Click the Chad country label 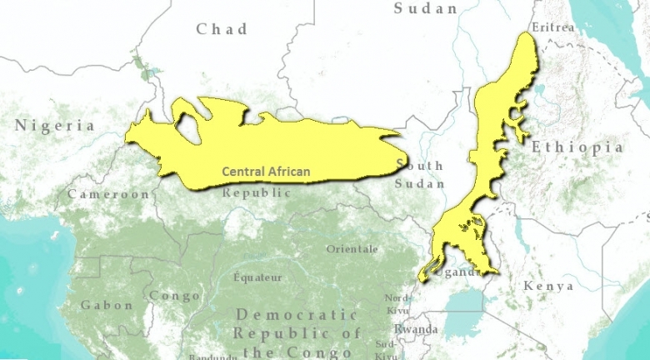(222, 29)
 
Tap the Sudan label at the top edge (426, 8)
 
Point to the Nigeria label (54, 126)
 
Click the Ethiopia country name (577, 147)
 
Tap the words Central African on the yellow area (266, 172)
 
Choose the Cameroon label (108, 194)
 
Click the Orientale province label (352, 249)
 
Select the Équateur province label (257, 277)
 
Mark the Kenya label (548, 286)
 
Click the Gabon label (107, 305)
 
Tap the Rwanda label (416, 329)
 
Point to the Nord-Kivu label (397, 304)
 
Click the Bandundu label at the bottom (213, 357)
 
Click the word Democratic (297, 315)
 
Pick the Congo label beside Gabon (174, 296)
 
